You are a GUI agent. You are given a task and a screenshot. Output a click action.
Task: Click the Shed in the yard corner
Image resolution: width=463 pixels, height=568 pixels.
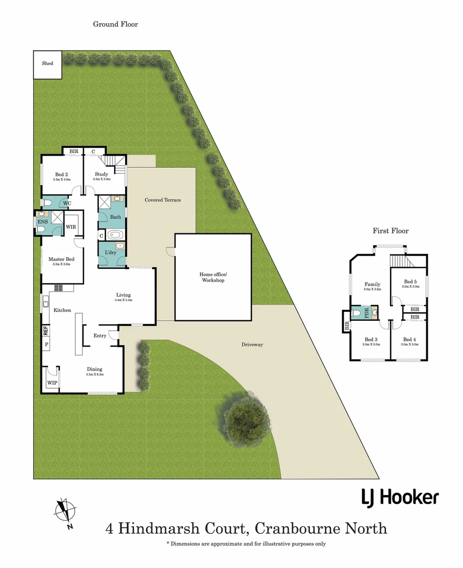(x=47, y=64)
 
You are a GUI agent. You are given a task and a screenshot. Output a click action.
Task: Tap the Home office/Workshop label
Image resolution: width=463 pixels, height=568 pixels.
(x=212, y=277)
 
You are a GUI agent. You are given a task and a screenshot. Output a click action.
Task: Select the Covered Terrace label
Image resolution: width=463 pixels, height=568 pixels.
(x=162, y=200)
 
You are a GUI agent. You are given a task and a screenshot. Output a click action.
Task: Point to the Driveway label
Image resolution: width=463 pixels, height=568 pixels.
(x=252, y=344)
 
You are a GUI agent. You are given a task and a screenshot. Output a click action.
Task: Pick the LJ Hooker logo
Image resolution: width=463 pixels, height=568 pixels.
(x=400, y=496)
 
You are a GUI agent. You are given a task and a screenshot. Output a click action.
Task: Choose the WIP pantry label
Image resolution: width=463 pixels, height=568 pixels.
(x=52, y=383)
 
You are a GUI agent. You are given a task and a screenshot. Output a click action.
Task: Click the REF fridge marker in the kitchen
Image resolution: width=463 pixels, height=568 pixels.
(x=46, y=331)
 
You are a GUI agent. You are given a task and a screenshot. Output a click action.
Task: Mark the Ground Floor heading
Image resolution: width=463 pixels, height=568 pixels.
(x=115, y=24)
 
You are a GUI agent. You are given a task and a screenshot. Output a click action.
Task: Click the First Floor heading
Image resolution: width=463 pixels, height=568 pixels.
(x=390, y=231)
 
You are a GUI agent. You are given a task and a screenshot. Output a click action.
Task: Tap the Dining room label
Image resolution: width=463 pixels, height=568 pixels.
(x=95, y=369)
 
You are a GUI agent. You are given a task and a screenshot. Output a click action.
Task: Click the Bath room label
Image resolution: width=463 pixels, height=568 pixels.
(x=115, y=217)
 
